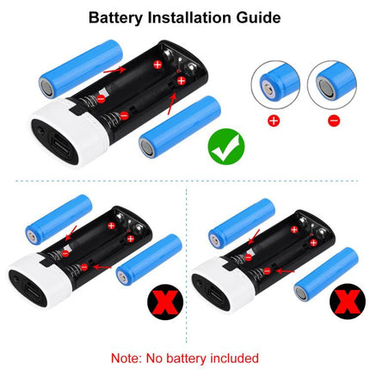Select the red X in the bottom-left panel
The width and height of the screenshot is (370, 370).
tap(157, 303)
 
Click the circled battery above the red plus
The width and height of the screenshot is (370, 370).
tap(273, 87)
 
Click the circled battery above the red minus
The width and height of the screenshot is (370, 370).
tap(331, 87)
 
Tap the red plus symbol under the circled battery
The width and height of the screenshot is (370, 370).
tap(273, 121)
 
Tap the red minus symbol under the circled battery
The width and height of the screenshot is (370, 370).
tap(331, 121)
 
